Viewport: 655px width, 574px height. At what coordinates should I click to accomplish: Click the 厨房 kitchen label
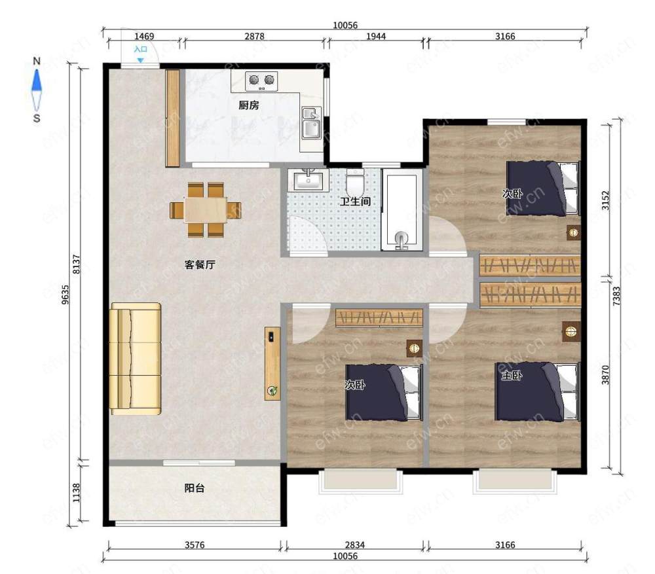click(248, 105)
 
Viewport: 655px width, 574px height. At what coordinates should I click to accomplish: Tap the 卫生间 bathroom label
click(355, 202)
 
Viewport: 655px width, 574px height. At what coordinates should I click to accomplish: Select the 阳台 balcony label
click(195, 488)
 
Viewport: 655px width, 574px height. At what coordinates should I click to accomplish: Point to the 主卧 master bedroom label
click(512, 375)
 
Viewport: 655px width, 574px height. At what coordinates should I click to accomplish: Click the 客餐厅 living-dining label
click(200, 264)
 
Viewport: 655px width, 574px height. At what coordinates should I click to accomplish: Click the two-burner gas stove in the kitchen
click(261, 81)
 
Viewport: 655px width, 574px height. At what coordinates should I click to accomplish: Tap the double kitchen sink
click(311, 123)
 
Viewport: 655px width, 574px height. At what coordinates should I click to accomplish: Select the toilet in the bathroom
click(356, 182)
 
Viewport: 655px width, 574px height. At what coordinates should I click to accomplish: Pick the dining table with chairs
click(206, 209)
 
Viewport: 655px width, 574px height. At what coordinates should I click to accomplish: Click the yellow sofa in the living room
click(136, 359)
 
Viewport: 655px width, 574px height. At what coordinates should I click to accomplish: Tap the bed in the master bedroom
click(538, 391)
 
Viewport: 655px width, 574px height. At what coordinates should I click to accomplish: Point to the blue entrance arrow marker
click(140, 60)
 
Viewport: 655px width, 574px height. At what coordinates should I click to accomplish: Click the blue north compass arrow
click(37, 80)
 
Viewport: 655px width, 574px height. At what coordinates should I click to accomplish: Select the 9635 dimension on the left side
click(65, 294)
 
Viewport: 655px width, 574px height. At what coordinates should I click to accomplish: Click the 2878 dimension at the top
click(254, 36)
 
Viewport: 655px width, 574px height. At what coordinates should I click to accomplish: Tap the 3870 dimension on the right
click(605, 374)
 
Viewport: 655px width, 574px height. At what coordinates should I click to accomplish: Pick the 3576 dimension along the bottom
click(195, 545)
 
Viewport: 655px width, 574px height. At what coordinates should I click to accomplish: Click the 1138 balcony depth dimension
click(76, 493)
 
